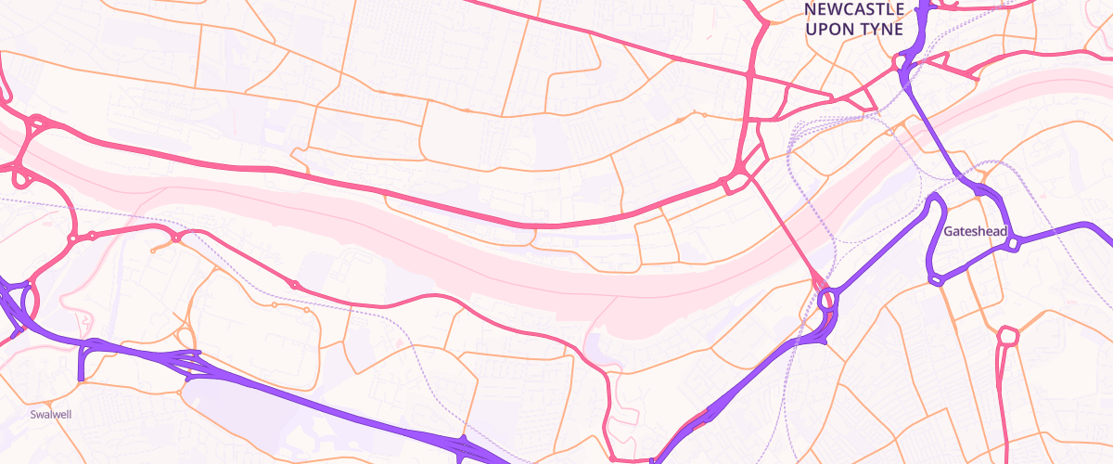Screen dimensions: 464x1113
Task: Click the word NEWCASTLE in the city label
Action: [x=853, y=9]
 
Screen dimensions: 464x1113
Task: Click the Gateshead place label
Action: [x=975, y=231]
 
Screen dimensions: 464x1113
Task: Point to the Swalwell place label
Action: [x=50, y=415]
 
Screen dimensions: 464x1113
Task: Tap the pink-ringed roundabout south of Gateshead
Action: [x=1008, y=335]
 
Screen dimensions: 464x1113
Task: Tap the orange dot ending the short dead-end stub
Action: [x=153, y=251]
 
